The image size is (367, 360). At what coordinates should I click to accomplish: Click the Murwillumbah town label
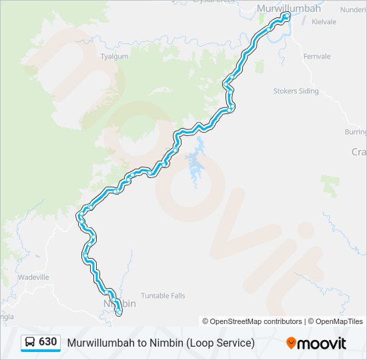289,9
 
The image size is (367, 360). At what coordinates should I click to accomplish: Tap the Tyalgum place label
113,57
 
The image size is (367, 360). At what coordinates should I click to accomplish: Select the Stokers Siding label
296,91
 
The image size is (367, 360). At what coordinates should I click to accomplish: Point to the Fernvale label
316,57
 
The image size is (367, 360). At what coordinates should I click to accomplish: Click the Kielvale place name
323,22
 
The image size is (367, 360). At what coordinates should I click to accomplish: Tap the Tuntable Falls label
163,295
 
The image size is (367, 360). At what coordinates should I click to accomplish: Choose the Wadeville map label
33,277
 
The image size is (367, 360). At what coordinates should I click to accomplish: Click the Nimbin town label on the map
120,303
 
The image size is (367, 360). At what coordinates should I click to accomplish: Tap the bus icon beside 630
30,342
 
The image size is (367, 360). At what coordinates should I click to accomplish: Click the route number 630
47,342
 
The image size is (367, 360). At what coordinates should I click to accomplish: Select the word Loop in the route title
201,343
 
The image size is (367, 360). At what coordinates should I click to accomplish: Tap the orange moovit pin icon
291,343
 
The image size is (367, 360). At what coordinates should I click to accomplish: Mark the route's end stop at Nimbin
119,313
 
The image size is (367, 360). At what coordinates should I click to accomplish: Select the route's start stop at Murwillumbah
286,16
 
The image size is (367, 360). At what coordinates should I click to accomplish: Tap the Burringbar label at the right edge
356,132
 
